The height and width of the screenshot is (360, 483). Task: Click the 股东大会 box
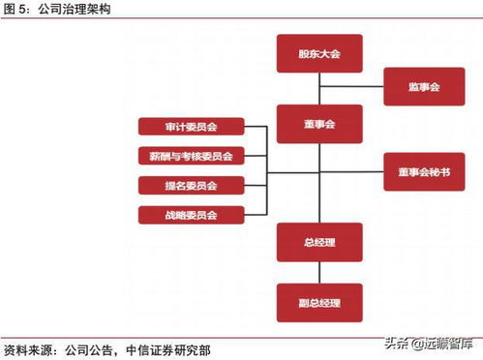pos(318,53)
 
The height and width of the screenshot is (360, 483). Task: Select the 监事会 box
pos(423,87)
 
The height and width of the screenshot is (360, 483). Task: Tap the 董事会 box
pos(318,125)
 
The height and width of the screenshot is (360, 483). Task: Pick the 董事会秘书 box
pos(423,171)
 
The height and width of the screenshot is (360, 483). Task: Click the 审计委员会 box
pos(191,127)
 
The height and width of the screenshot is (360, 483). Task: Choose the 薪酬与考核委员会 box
pos(191,156)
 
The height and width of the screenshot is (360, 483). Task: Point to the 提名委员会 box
pos(191,185)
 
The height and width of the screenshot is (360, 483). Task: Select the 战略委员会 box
pos(191,215)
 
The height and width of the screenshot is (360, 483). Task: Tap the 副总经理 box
pos(318,302)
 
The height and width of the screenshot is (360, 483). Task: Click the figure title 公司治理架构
pos(81,9)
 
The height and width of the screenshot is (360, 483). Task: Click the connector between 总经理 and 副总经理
pos(318,273)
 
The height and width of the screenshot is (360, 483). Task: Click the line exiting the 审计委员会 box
pos(254,127)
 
